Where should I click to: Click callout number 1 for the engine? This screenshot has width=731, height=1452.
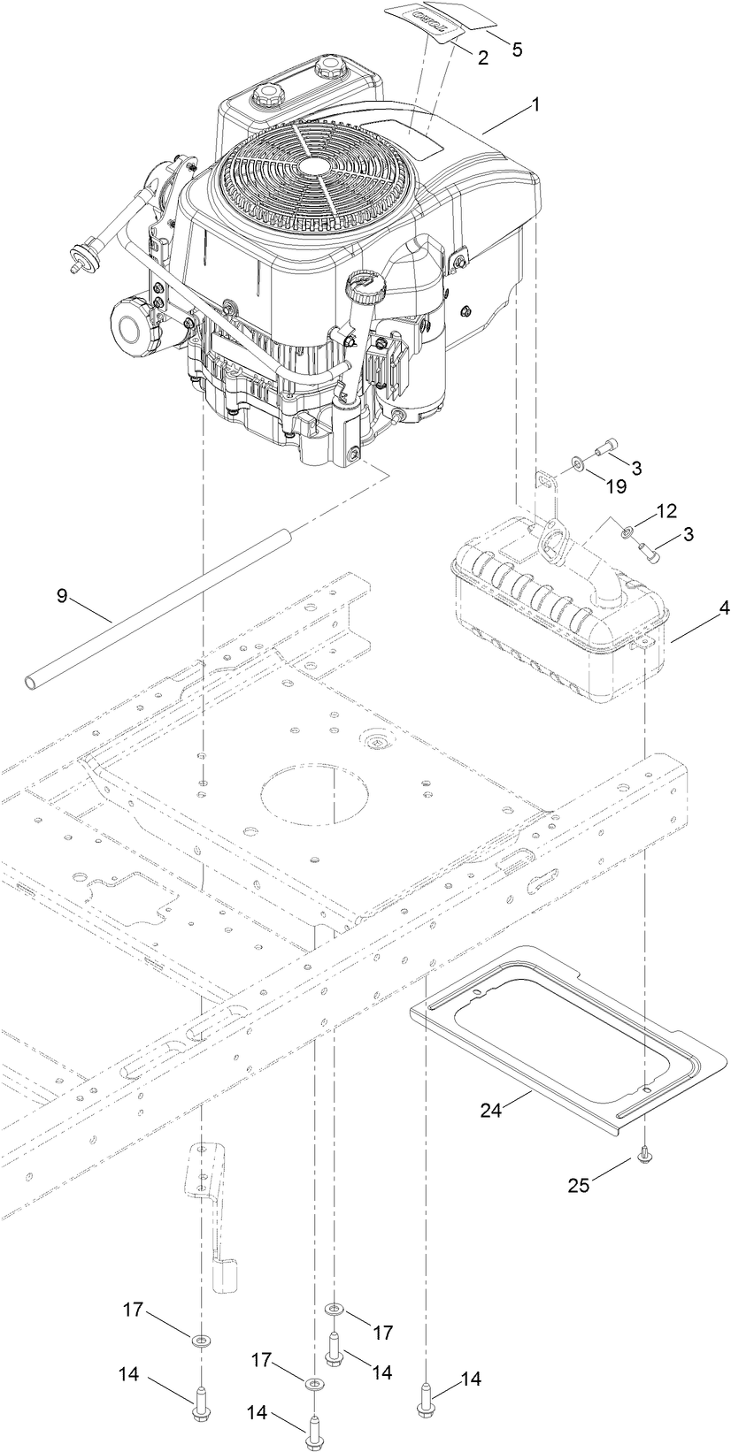coord(534,104)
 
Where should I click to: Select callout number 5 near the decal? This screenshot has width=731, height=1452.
coord(517,49)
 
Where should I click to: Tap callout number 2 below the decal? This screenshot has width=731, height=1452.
coord(482,58)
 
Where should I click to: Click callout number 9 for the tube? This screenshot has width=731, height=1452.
coord(62,595)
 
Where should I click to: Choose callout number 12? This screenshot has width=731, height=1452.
coord(666,511)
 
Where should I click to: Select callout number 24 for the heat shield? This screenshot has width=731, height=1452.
coord(492,1111)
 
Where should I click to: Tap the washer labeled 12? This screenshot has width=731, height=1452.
coord(627,531)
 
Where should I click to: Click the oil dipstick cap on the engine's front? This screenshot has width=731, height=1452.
coord(362,287)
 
